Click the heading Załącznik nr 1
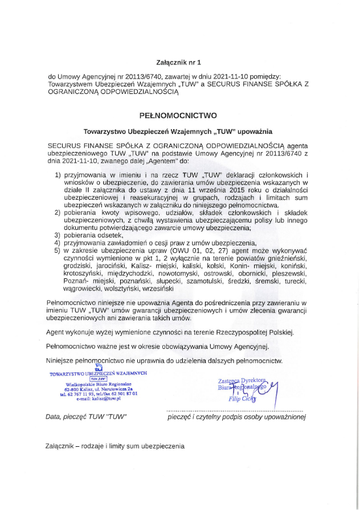click(x=178, y=60)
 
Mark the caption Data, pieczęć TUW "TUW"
click(x=85, y=417)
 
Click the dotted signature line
click(x=235, y=410)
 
